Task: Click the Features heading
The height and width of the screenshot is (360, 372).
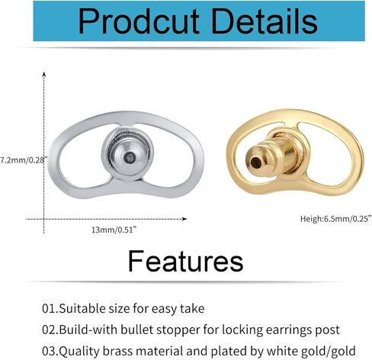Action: (x=185, y=261)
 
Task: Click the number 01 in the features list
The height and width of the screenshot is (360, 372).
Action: (x=50, y=308)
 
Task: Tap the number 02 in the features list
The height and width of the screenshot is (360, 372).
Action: (x=50, y=329)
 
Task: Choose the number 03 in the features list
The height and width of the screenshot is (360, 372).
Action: (x=50, y=350)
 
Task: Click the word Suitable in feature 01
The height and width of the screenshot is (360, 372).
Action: (x=86, y=308)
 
